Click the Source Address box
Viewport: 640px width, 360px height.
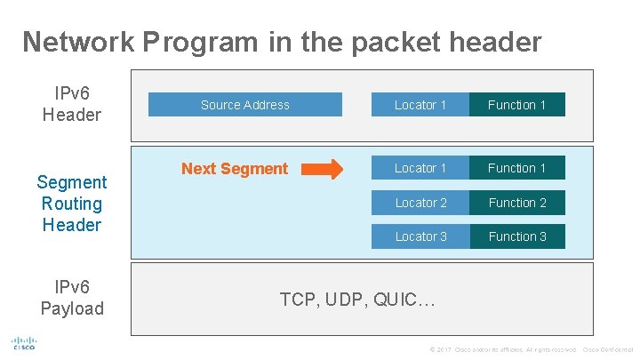point(244,105)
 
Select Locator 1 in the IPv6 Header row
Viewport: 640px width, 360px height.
point(420,105)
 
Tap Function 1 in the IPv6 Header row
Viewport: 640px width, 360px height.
point(516,105)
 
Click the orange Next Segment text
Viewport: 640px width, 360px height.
point(235,169)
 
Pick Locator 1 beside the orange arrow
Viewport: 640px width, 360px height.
point(420,168)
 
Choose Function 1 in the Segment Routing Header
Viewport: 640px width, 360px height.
point(516,168)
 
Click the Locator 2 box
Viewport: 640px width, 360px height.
point(420,203)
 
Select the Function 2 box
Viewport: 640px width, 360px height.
point(516,203)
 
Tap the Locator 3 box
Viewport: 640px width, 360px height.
point(420,236)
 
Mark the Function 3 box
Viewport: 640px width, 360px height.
point(516,236)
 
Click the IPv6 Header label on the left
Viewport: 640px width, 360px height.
point(72,104)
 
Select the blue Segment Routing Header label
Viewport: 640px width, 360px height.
point(72,204)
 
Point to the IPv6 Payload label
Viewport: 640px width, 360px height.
point(72,298)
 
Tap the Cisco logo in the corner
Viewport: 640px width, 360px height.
point(24,344)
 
